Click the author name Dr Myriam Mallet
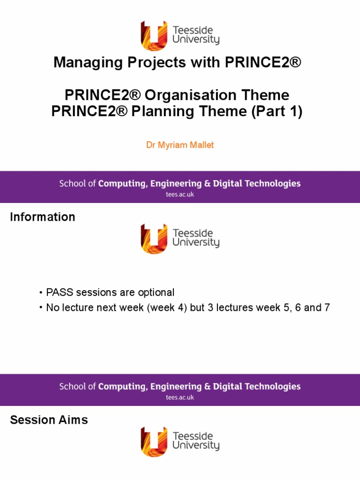pos(180,145)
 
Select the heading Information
pos(43,217)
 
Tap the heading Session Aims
pos(49,420)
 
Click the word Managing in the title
pos(89,63)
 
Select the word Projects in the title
pos(157,63)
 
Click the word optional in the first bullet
pos(156,292)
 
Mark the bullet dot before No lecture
pos(41,307)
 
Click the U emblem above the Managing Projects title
pos(154,36)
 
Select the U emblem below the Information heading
pos(154,239)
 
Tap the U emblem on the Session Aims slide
pos(154,442)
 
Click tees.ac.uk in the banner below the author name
pos(180,195)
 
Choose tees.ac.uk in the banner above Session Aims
pos(180,397)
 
